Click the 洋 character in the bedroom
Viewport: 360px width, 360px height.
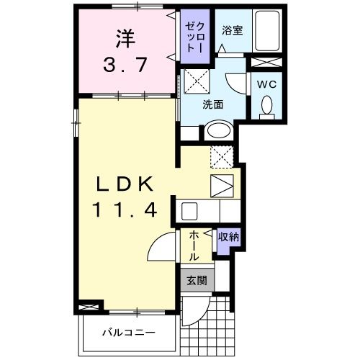[x=126, y=35]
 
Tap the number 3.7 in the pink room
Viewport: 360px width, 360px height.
[x=126, y=65]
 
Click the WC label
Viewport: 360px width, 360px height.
[x=267, y=84]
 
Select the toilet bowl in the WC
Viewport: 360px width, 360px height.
[x=267, y=106]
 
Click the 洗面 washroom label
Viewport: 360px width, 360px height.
[x=212, y=104]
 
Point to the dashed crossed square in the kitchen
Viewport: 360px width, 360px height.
[x=220, y=155]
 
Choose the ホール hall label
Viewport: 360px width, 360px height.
[x=194, y=246]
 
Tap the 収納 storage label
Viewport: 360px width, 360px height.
[x=229, y=236]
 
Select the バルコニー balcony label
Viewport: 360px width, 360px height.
[x=127, y=333]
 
